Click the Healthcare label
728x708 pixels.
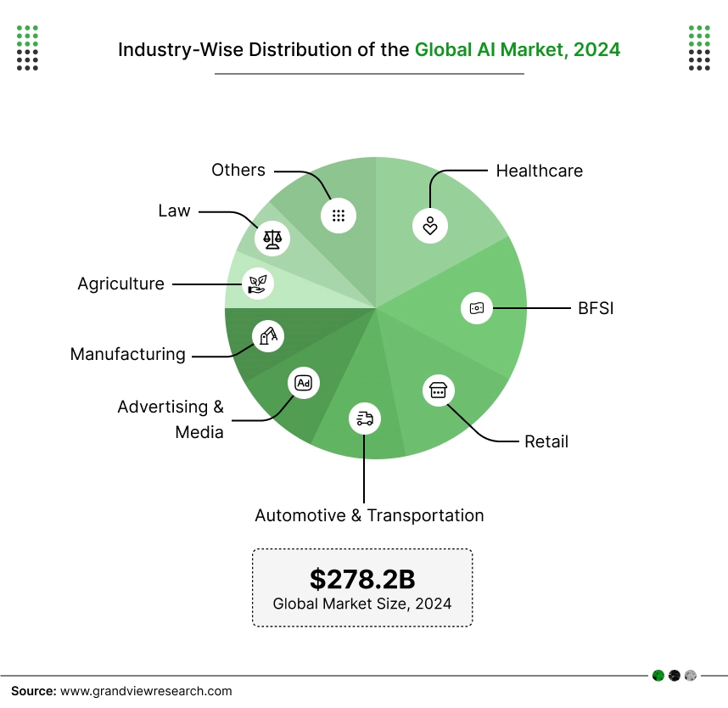pyautogui.click(x=539, y=171)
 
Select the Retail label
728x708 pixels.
pyautogui.click(x=546, y=441)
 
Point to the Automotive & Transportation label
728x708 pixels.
pyautogui.click(x=369, y=515)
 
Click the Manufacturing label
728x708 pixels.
pyautogui.click(x=127, y=354)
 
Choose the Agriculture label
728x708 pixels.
pyautogui.click(x=120, y=284)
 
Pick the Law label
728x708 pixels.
pyautogui.click(x=174, y=211)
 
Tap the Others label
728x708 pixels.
pyautogui.click(x=238, y=170)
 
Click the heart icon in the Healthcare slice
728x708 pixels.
pyautogui.click(x=430, y=225)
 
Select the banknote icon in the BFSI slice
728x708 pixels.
pyautogui.click(x=477, y=308)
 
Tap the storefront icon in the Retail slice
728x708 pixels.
pyautogui.click(x=438, y=390)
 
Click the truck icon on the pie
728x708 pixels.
pyautogui.click(x=365, y=418)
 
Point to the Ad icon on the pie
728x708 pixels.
pyautogui.click(x=303, y=383)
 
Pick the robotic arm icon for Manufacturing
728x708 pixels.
pyautogui.click(x=268, y=336)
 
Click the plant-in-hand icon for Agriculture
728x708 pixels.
pyautogui.click(x=257, y=283)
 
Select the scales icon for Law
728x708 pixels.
pyautogui.click(x=272, y=238)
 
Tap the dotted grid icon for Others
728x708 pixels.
pyautogui.click(x=338, y=216)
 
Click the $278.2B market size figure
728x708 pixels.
pyautogui.click(x=362, y=579)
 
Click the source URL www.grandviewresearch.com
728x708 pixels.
pyautogui.click(x=145, y=691)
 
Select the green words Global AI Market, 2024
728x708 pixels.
pyautogui.click(x=517, y=49)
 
